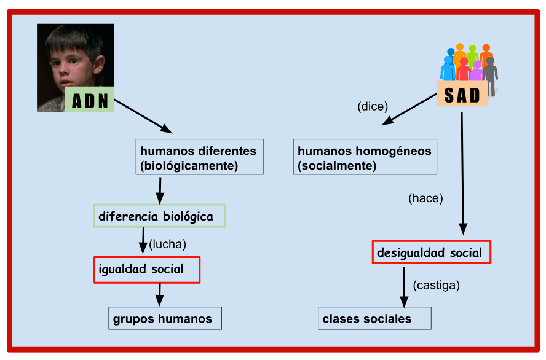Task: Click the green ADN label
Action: click(90, 100)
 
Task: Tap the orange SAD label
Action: click(462, 93)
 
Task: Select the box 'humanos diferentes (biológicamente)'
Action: click(200, 157)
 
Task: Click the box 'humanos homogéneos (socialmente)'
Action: click(365, 157)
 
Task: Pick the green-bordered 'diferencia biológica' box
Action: click(159, 216)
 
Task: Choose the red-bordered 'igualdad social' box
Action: click(147, 270)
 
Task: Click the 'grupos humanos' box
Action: click(165, 318)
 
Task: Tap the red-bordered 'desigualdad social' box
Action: click(432, 252)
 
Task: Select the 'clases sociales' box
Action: click(374, 318)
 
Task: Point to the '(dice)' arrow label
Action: click(373, 106)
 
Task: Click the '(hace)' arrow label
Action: click(425, 198)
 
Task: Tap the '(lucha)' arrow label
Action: click(167, 244)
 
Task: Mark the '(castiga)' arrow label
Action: click(437, 285)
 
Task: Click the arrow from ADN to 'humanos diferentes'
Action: click(143, 117)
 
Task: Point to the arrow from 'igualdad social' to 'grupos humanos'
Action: click(159, 295)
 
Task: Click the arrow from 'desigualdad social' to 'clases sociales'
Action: click(404, 288)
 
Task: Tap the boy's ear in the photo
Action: click(99, 66)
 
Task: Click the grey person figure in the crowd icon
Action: click(491, 76)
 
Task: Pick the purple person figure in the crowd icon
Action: click(477, 71)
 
